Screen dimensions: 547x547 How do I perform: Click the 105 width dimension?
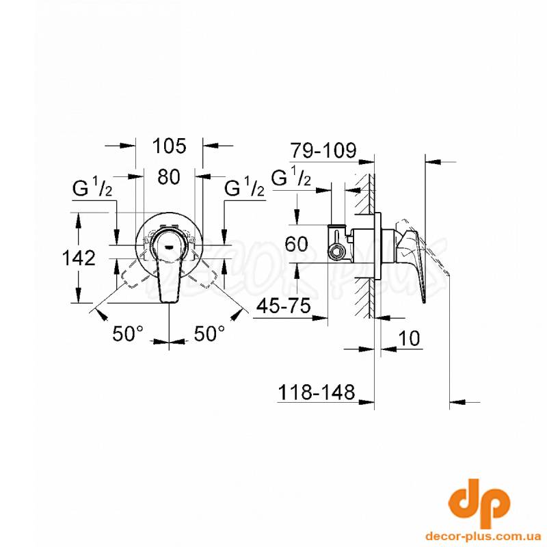click(170, 146)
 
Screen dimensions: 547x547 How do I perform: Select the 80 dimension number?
click(169, 176)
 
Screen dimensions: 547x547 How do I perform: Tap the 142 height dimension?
click(79, 258)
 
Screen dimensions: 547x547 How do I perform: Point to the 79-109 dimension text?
click(324, 150)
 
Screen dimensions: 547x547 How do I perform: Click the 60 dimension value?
click(296, 244)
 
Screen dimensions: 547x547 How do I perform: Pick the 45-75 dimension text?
click(283, 306)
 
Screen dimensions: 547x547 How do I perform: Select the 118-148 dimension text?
click(317, 392)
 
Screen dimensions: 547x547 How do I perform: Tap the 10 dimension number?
click(409, 338)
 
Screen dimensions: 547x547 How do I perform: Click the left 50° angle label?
click(128, 334)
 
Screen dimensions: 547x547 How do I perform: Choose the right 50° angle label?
click(209, 334)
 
